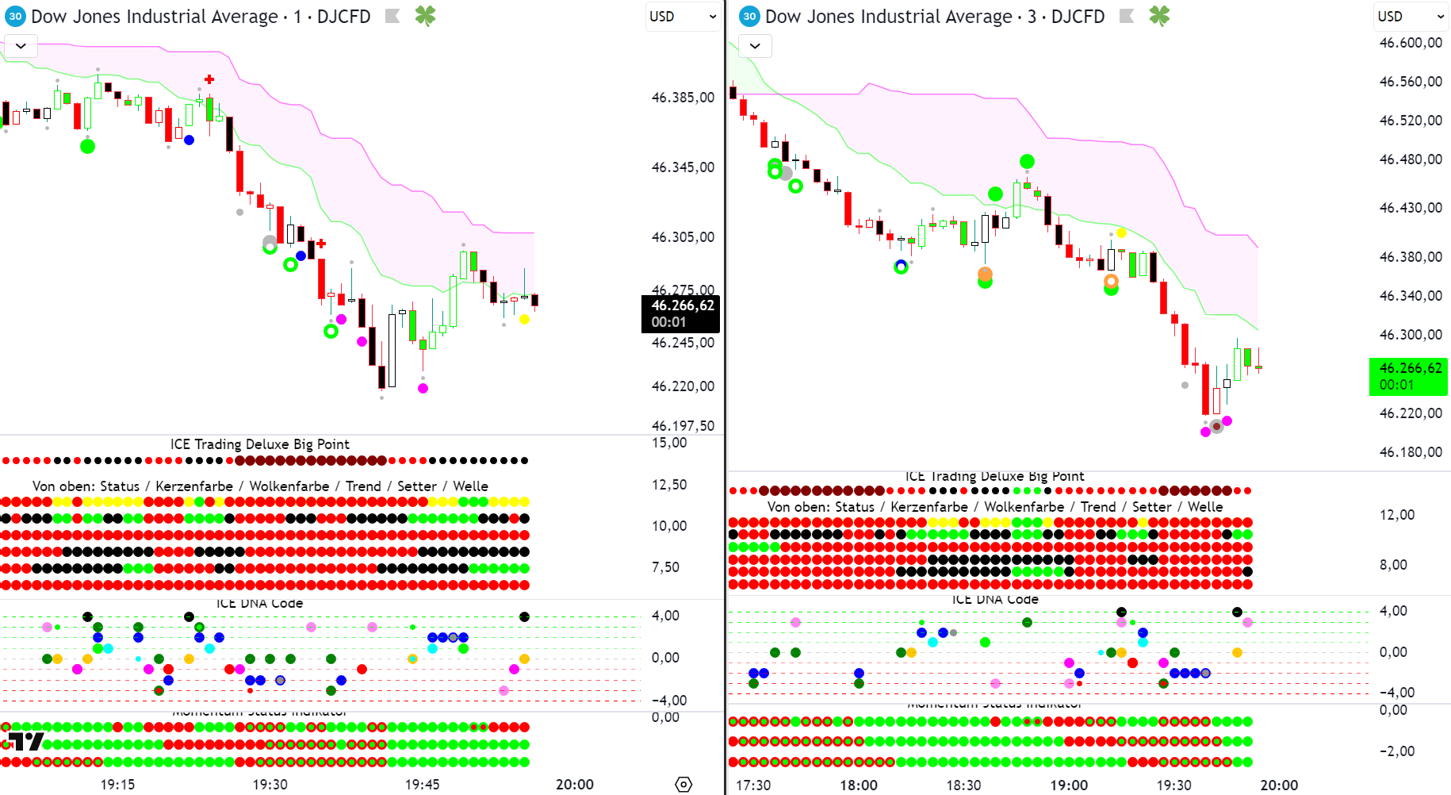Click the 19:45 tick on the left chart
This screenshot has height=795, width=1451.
[x=422, y=785]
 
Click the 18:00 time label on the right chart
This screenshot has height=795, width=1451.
[x=859, y=785]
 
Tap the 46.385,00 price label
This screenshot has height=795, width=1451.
[x=683, y=98]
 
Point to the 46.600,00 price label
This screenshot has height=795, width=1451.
[x=1411, y=43]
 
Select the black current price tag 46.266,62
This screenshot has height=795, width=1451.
[x=681, y=313]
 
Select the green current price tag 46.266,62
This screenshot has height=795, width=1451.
[x=1409, y=376]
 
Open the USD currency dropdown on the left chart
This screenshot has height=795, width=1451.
[x=682, y=17]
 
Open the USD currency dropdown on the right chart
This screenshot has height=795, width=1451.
[x=1411, y=17]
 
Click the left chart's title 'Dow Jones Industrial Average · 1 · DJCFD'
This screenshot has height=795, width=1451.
[x=201, y=17]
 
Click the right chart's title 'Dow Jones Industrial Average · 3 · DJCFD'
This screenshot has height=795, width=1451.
[x=935, y=17]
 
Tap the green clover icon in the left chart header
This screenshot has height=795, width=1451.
[x=425, y=17]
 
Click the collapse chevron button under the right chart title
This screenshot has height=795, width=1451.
[x=755, y=46]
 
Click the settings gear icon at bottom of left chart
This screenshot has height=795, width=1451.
[x=683, y=784]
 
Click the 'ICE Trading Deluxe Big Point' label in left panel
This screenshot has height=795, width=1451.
[x=259, y=444]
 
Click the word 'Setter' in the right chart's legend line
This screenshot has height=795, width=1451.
[x=1151, y=507]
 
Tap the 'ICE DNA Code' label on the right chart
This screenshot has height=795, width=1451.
[x=995, y=600]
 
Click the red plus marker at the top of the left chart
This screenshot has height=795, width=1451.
[x=209, y=79]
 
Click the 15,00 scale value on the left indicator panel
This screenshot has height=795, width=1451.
[x=669, y=443]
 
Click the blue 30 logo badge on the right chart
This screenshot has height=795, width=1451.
[x=749, y=17]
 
